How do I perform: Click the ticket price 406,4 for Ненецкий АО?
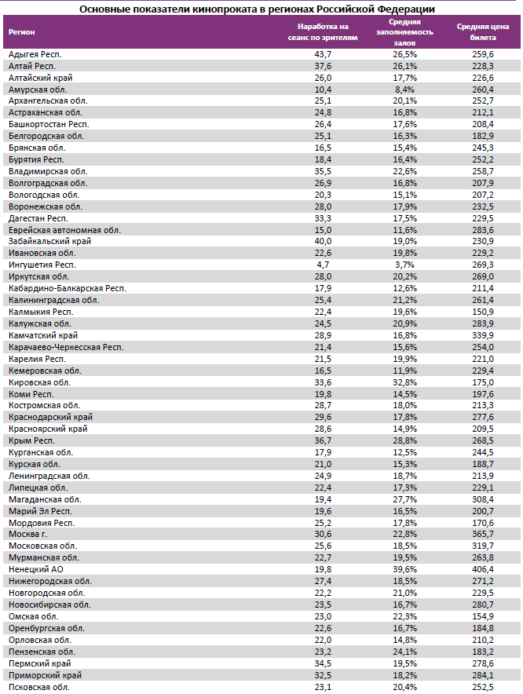tap(482, 569)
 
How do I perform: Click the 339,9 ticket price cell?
tap(482, 335)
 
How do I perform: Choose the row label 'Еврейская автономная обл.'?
tap(64, 229)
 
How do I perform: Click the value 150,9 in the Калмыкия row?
tap(482, 312)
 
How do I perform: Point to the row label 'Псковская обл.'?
tap(38, 686)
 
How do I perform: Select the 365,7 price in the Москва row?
tap(482, 534)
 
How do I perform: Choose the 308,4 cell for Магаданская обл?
tap(482, 499)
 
